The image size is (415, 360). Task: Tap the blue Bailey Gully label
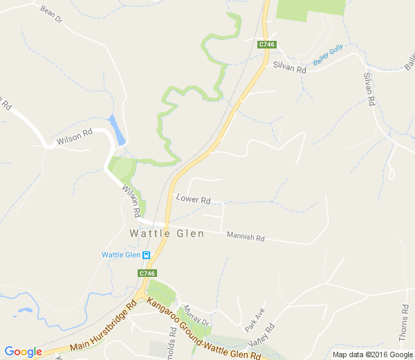328,56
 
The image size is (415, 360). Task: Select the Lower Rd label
193,199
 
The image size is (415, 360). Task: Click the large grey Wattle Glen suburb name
167,234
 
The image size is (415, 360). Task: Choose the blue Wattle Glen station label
121,255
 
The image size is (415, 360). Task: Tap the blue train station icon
147,255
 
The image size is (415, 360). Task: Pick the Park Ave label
254,318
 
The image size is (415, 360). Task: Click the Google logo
23,352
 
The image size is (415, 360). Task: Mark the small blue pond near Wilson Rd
118,129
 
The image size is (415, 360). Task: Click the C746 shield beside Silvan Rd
268,44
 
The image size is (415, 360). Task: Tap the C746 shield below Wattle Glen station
147,273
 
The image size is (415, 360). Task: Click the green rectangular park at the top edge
311,7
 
